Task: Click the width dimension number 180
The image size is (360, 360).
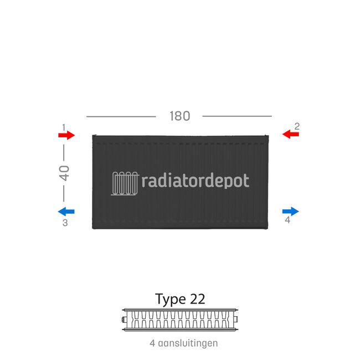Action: tap(179, 116)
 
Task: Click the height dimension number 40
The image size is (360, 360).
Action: tap(64, 173)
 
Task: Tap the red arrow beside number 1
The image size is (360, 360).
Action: tap(66, 135)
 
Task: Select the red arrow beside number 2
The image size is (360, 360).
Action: tap(290, 134)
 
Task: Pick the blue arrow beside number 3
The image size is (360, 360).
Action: tap(66, 211)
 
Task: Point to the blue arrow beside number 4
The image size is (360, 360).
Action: tap(290, 211)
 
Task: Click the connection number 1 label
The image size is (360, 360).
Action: tap(64, 127)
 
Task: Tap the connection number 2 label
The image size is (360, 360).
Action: tap(297, 126)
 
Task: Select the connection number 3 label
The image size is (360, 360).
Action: tap(65, 223)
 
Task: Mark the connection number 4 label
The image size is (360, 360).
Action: tap(287, 220)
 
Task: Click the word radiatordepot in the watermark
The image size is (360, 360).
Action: tap(196, 181)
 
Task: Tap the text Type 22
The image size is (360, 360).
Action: tap(180, 299)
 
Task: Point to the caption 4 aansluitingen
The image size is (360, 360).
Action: tap(183, 343)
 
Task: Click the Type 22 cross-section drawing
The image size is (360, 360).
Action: tap(180, 319)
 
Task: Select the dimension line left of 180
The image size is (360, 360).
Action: tap(121, 116)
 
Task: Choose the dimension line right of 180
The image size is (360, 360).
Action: tap(237, 116)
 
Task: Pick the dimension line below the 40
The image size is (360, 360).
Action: tap(64, 193)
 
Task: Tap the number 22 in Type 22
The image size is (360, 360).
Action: tap(197, 299)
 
